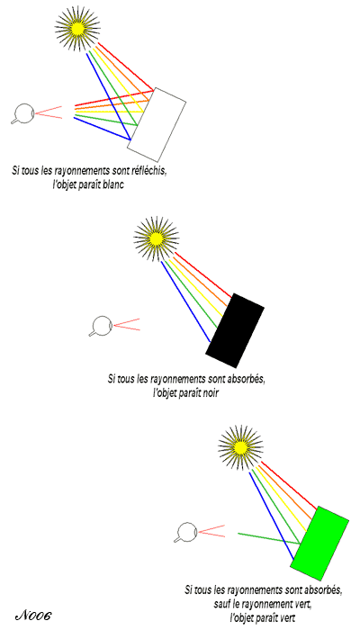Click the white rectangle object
[x=157, y=124]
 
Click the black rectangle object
[x=235, y=330]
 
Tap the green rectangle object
[x=319, y=544]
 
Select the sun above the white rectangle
[x=77, y=28]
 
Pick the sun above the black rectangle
[x=156, y=238]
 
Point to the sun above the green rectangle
[x=240, y=447]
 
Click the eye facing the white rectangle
[x=22, y=112]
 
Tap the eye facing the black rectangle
[x=101, y=325]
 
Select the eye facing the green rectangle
[x=185, y=533]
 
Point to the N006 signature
[x=34, y=615]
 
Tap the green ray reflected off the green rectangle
[x=269, y=538]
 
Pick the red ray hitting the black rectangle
[x=203, y=274]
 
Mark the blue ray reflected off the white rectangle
[x=102, y=129]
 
